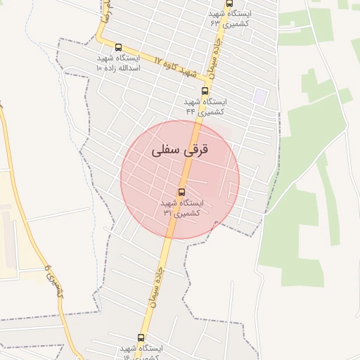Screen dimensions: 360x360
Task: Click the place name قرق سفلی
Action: point(181,150)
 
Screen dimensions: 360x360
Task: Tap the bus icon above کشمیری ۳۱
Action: point(181,191)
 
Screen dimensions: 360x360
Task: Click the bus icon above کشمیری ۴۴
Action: point(205,91)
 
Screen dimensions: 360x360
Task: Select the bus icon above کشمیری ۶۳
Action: point(229,4)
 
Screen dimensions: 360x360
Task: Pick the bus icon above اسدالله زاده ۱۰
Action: point(117,47)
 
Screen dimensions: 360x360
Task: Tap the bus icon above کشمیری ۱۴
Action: point(141,338)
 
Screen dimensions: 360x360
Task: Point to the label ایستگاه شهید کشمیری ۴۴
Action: point(205,106)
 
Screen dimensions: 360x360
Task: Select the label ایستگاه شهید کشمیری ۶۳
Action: point(230,18)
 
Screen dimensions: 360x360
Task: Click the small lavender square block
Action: point(261,96)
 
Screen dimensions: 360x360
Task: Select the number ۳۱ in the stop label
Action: point(167,212)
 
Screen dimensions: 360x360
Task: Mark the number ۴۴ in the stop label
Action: point(190,111)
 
